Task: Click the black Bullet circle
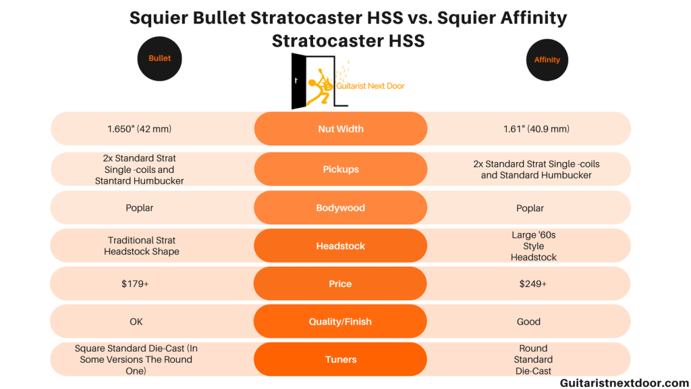coord(159,59)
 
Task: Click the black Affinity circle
coord(547,60)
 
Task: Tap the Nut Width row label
coord(341,129)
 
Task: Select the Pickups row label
coord(341,170)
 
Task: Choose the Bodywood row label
coord(341,208)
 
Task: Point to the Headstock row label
coord(341,246)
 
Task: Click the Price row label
coord(340,284)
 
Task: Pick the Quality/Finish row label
coord(340,321)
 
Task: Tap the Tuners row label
coord(341,359)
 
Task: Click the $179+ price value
coord(135,284)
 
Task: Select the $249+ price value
coord(532,284)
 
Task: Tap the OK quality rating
coord(136,321)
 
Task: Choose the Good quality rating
coord(529,321)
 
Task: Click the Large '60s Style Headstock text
coord(533,246)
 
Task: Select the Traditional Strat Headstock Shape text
coord(142,246)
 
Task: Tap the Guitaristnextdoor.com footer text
coord(624,382)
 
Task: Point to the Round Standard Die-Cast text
coord(533,359)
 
